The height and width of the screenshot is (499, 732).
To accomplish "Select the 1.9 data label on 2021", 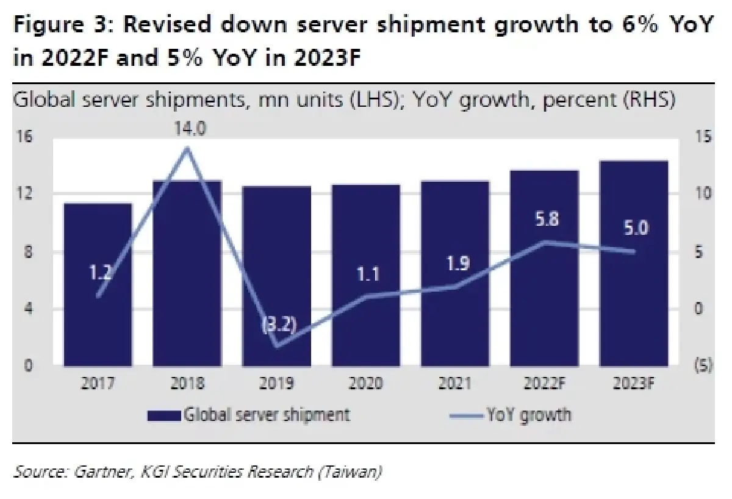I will click(455, 264).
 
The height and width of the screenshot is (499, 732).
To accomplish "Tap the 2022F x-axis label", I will click(544, 384).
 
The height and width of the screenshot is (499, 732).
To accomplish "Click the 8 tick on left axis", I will click(27, 252).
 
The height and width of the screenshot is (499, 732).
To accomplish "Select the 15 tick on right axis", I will click(703, 137).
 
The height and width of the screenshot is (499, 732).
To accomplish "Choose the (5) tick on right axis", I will click(703, 366).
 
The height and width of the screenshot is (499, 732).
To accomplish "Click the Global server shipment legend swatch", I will click(164, 415).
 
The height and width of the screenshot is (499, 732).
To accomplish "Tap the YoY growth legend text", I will click(529, 415).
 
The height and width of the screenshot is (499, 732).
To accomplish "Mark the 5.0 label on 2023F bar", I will click(634, 230).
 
